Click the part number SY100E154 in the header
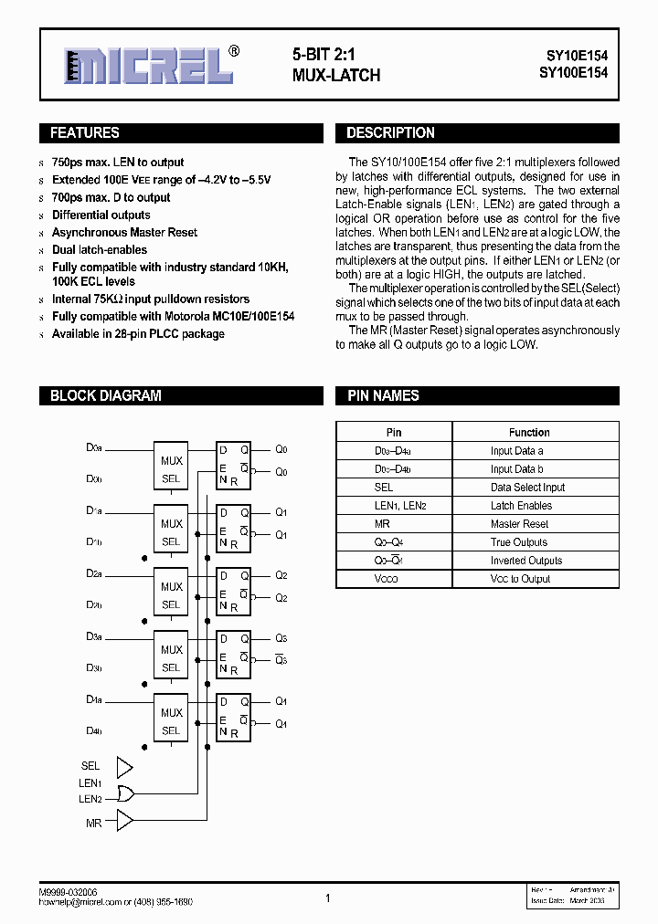tap(571, 73)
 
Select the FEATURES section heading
tap(84, 133)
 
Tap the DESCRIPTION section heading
tap(390, 133)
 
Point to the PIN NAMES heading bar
tap(383, 396)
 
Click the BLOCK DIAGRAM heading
tap(105, 396)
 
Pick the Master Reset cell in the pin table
tap(519, 524)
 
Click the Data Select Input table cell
tap(527, 488)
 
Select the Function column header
tap(529, 432)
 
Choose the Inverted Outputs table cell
tap(525, 561)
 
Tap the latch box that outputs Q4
tap(234, 718)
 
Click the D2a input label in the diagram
tap(94, 573)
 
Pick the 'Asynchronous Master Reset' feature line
tap(124, 232)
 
